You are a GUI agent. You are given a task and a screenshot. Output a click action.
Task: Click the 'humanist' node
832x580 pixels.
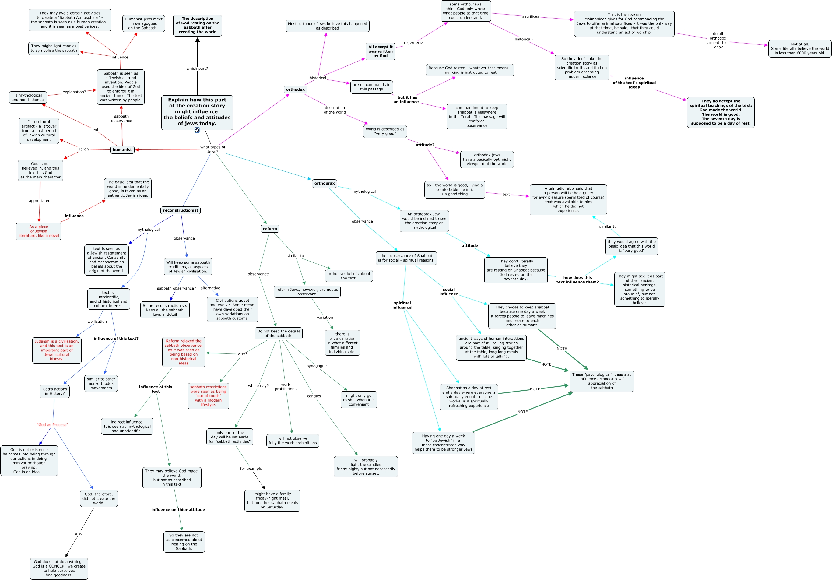(122, 150)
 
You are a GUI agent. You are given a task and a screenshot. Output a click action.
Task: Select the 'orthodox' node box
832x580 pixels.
(295, 90)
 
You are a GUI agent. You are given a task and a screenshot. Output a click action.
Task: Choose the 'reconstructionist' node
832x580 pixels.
(181, 210)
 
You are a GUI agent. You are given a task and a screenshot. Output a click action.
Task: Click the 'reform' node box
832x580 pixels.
(270, 229)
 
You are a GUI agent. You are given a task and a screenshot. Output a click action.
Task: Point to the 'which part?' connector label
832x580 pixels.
(197, 69)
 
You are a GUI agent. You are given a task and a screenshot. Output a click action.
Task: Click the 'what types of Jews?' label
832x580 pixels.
(213, 149)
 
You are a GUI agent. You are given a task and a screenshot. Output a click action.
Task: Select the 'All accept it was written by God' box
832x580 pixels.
(380, 51)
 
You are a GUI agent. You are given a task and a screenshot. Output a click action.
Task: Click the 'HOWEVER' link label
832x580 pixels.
(413, 43)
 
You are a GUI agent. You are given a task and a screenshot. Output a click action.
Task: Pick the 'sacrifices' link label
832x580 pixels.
(531, 17)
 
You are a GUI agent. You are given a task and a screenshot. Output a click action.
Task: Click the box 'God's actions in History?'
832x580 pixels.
(55, 392)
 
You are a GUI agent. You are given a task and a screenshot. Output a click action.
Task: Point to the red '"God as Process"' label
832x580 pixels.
(52, 424)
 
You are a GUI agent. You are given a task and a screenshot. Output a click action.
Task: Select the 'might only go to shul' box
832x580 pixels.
(359, 400)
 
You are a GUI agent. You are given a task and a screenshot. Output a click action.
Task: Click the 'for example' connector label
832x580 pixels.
(251, 469)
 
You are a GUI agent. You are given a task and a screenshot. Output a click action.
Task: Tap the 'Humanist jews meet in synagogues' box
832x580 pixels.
(143, 23)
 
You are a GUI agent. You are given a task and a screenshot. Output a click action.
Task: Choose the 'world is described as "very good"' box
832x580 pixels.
(385, 131)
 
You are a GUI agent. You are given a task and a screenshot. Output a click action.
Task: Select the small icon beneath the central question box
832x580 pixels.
(197, 130)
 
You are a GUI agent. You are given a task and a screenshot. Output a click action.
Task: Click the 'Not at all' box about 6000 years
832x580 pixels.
(800, 49)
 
